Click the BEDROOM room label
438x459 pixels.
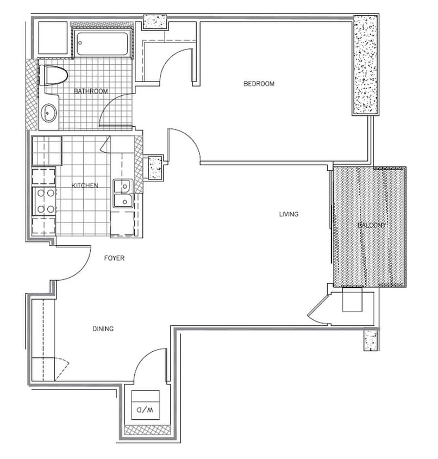click(259, 84)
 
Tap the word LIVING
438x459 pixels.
click(289, 214)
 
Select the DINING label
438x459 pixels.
click(103, 328)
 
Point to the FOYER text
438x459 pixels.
click(114, 258)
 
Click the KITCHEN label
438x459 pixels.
click(85, 185)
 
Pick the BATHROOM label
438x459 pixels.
click(91, 91)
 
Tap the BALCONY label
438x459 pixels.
click(371, 225)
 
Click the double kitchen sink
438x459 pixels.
click(123, 194)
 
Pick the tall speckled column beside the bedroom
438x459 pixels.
click(365, 65)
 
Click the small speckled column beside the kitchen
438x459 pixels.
click(156, 168)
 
